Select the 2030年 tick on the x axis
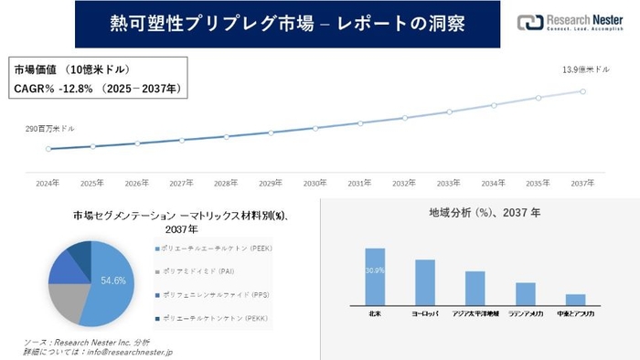[x=315, y=183]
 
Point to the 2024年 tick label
[x=48, y=183]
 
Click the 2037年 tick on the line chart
[x=583, y=183]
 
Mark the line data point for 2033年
[x=449, y=112]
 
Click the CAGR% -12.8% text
[x=98, y=89]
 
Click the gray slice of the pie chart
[x=66, y=302]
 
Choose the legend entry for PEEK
[x=216, y=249]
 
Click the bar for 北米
[x=375, y=276]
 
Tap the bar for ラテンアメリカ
[x=525, y=293]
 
